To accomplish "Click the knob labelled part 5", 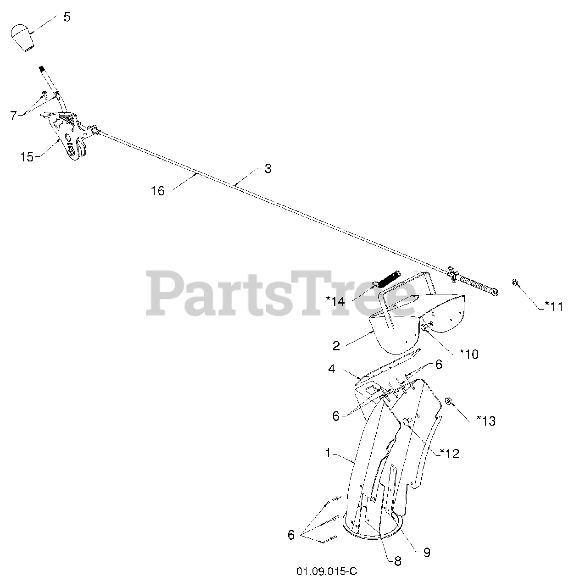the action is click(22, 38).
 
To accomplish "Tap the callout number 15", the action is click(27, 157).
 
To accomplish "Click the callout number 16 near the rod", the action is click(157, 191).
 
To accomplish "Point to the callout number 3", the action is click(267, 168).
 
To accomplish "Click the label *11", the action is click(550, 306).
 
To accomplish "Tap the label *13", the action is click(486, 420).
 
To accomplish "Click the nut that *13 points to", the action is click(449, 402).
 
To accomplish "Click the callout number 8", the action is click(397, 561).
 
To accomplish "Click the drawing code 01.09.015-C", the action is click(326, 571).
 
